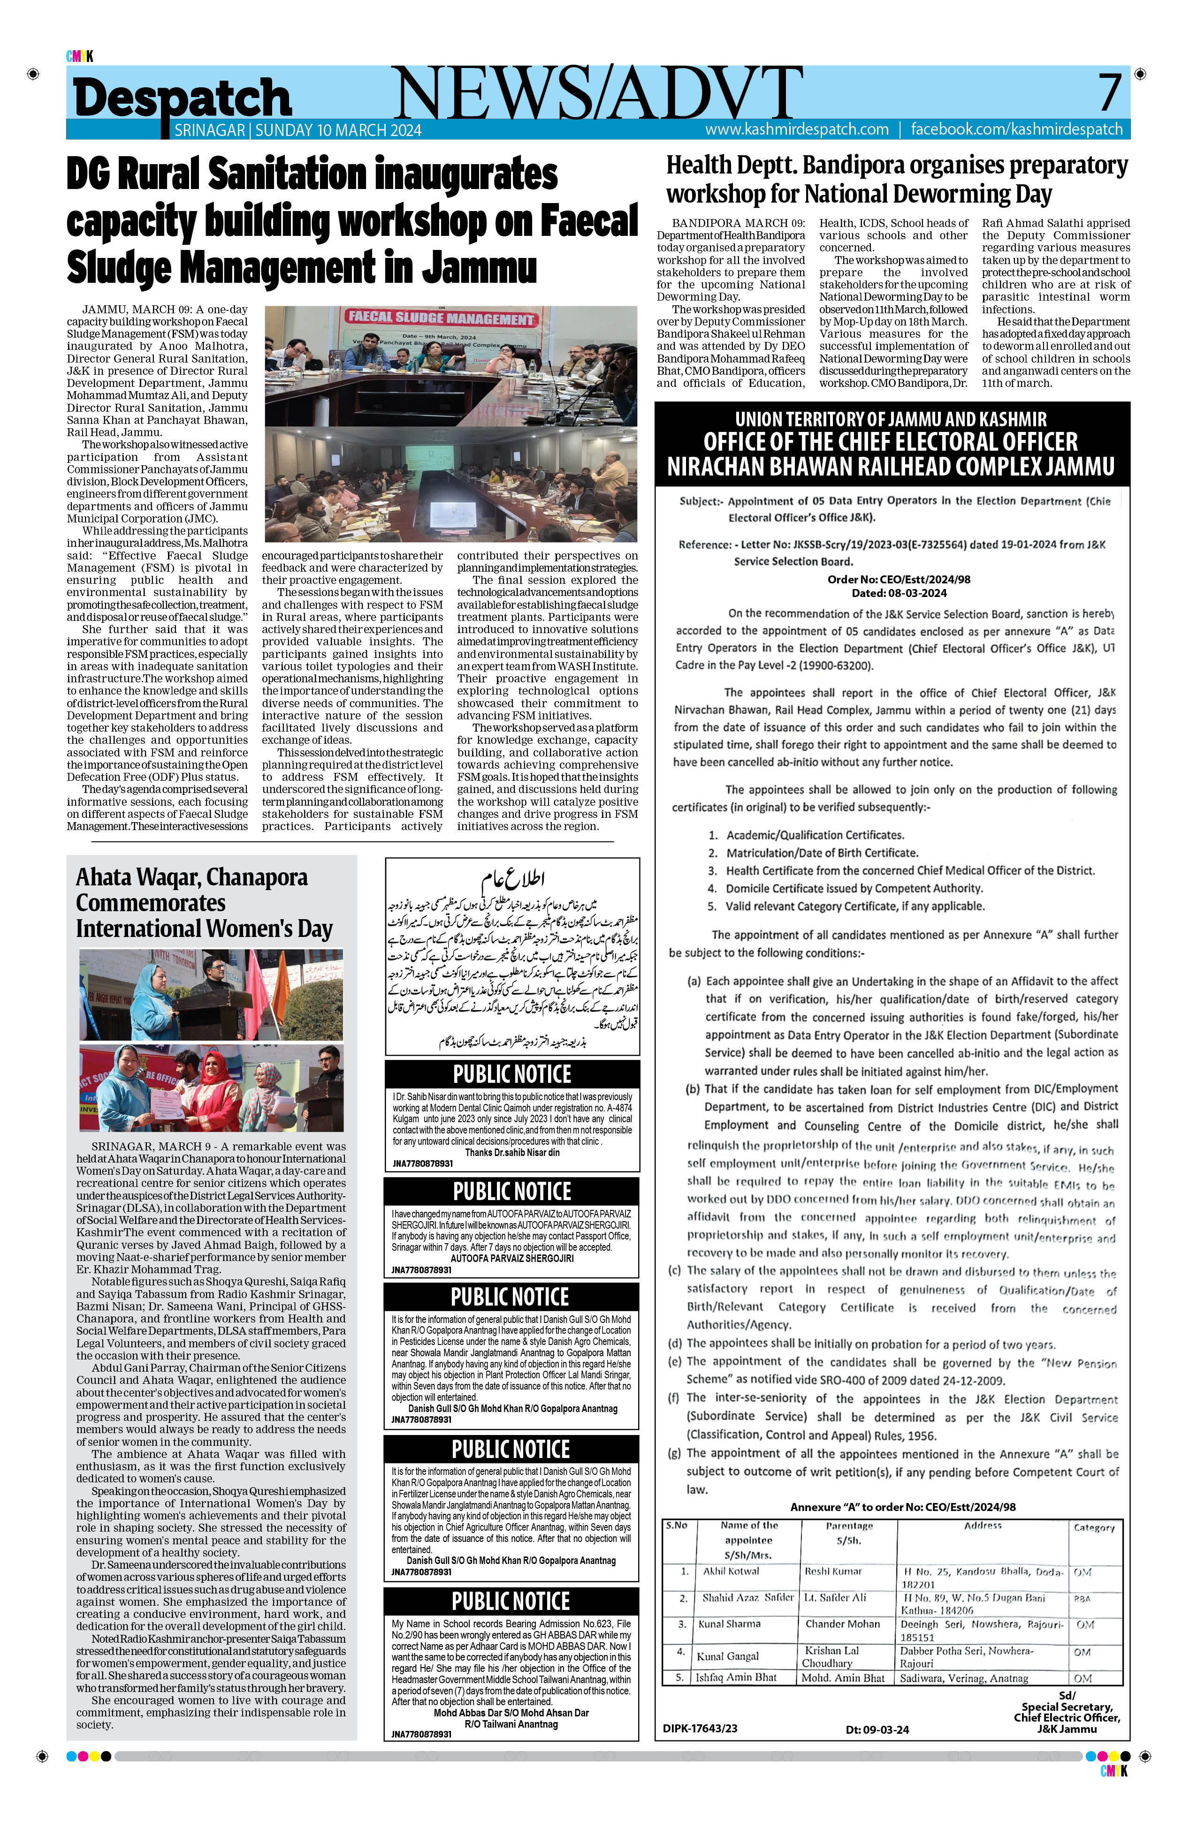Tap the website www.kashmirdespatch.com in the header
coord(797,129)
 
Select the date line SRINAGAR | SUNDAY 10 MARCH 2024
coord(297,130)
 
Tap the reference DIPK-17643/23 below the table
coord(700,1728)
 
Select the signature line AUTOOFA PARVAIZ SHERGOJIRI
coord(511,1258)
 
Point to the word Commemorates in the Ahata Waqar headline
coord(151,902)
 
